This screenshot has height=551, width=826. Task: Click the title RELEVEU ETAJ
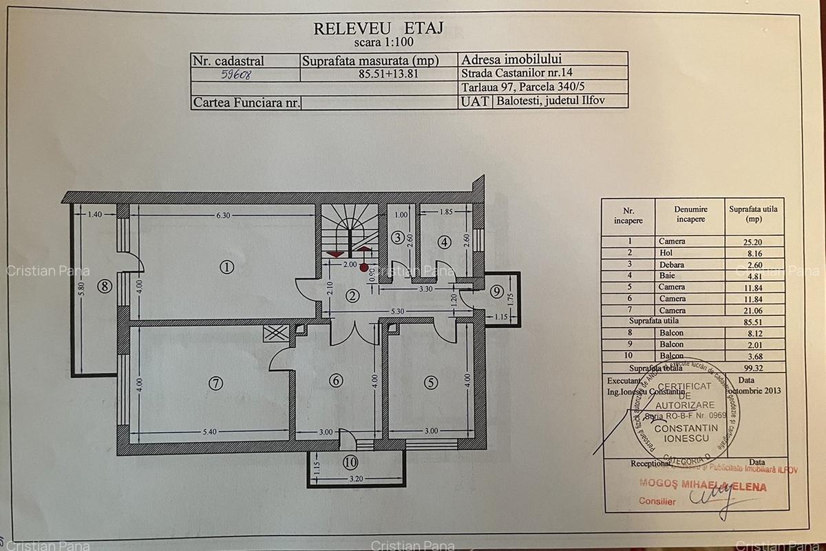point(378,28)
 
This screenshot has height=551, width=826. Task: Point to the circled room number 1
point(226,266)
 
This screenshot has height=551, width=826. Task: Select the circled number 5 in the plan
point(431,382)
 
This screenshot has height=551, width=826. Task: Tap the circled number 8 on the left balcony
point(104,286)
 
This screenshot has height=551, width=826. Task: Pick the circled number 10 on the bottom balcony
point(351,462)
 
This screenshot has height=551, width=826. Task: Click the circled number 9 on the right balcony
point(497,291)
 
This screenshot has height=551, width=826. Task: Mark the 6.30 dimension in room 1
point(222,215)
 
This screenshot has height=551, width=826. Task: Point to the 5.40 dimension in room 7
point(209,432)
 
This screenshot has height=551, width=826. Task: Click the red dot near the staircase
point(363,267)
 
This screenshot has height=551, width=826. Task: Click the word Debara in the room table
point(671,264)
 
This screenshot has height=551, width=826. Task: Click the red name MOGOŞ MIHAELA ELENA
point(702,486)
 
